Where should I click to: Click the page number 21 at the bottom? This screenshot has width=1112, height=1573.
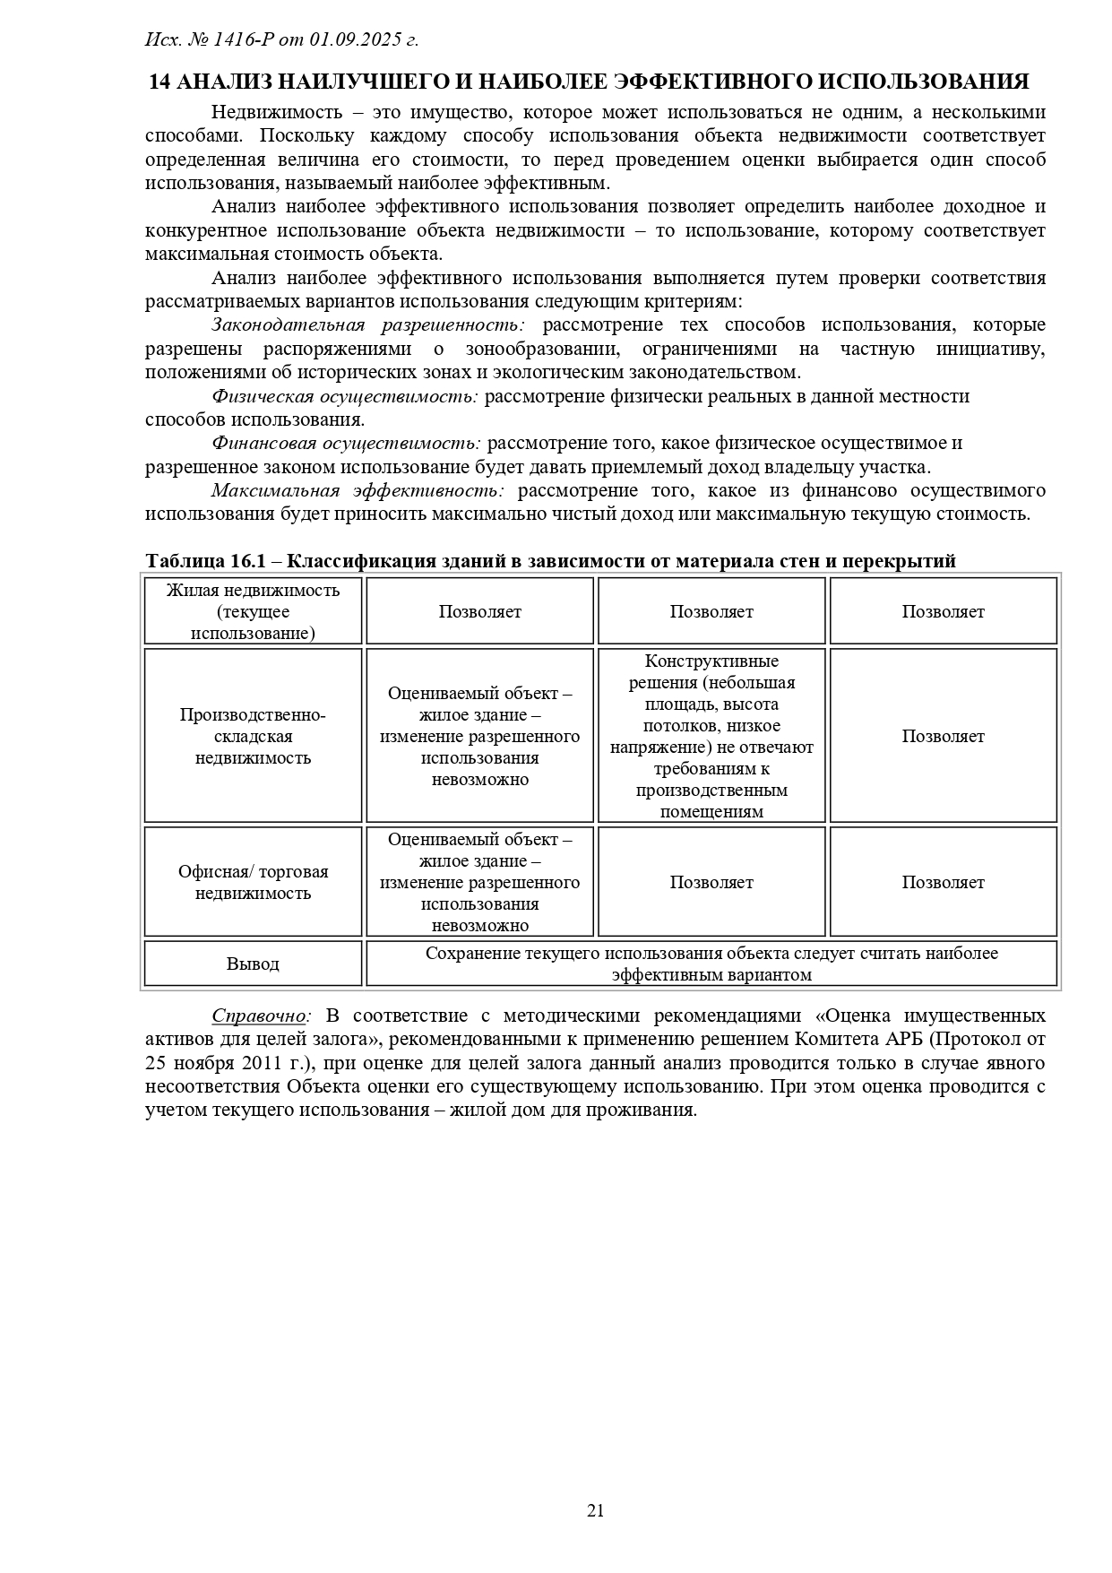pyautogui.click(x=595, y=1511)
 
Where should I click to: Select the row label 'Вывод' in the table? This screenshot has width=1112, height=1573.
pyautogui.click(x=253, y=964)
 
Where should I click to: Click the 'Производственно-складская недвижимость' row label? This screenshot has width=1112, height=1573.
pyautogui.click(x=253, y=736)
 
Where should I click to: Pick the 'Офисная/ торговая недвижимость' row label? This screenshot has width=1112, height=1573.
pyautogui.click(x=253, y=882)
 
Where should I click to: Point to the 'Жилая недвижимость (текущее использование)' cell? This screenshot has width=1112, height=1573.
pyautogui.click(x=253, y=611)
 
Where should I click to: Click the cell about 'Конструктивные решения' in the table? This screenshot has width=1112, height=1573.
pyautogui.click(x=711, y=736)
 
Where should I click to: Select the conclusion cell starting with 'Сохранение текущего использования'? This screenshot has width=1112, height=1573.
pyautogui.click(x=711, y=964)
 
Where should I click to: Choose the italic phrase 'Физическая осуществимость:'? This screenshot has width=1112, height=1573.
pyautogui.click(x=345, y=396)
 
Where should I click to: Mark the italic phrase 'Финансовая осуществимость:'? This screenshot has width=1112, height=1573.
pyautogui.click(x=346, y=443)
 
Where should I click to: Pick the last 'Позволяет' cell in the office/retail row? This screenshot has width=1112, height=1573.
pyautogui.click(x=943, y=882)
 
